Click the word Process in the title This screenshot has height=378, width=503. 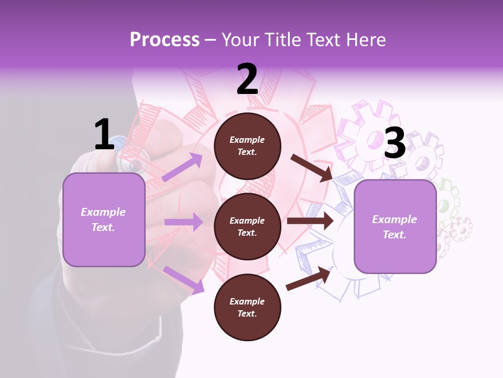pos(165,40)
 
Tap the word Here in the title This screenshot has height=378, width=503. pos(365,40)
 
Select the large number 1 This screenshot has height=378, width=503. pos(104,134)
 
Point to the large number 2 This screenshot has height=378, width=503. pos(247,79)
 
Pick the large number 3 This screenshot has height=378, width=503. pos(395,143)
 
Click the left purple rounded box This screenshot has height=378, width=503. pos(104,219)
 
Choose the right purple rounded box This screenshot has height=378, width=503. pos(395,226)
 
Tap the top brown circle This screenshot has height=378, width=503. pos(247,146)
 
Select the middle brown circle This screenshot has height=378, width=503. pos(247,226)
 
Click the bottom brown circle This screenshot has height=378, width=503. pos(247,307)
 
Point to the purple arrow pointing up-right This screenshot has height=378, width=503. pos(182,167)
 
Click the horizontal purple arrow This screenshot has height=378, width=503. pos(183,222)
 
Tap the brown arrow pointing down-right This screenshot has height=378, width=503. pos(312,167)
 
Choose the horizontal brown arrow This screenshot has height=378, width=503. pos(310,221)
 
